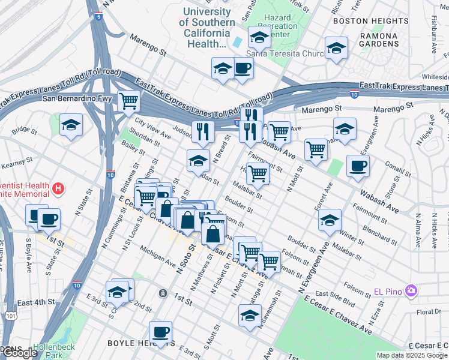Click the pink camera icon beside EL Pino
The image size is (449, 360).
pos(411,291)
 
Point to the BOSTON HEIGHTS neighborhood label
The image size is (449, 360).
pos(358,20)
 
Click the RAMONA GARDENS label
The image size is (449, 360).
pos(379,40)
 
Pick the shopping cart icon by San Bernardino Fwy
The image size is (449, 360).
pos(128,101)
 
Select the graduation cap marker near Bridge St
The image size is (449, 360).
pos(71,125)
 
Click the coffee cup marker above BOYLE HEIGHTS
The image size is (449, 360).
pos(160,331)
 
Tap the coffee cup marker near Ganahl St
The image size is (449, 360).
pos(358,166)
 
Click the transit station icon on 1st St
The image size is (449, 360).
pos(163,293)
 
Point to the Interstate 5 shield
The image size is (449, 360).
pos(97,17)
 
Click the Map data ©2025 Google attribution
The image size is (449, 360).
pos(411,355)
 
